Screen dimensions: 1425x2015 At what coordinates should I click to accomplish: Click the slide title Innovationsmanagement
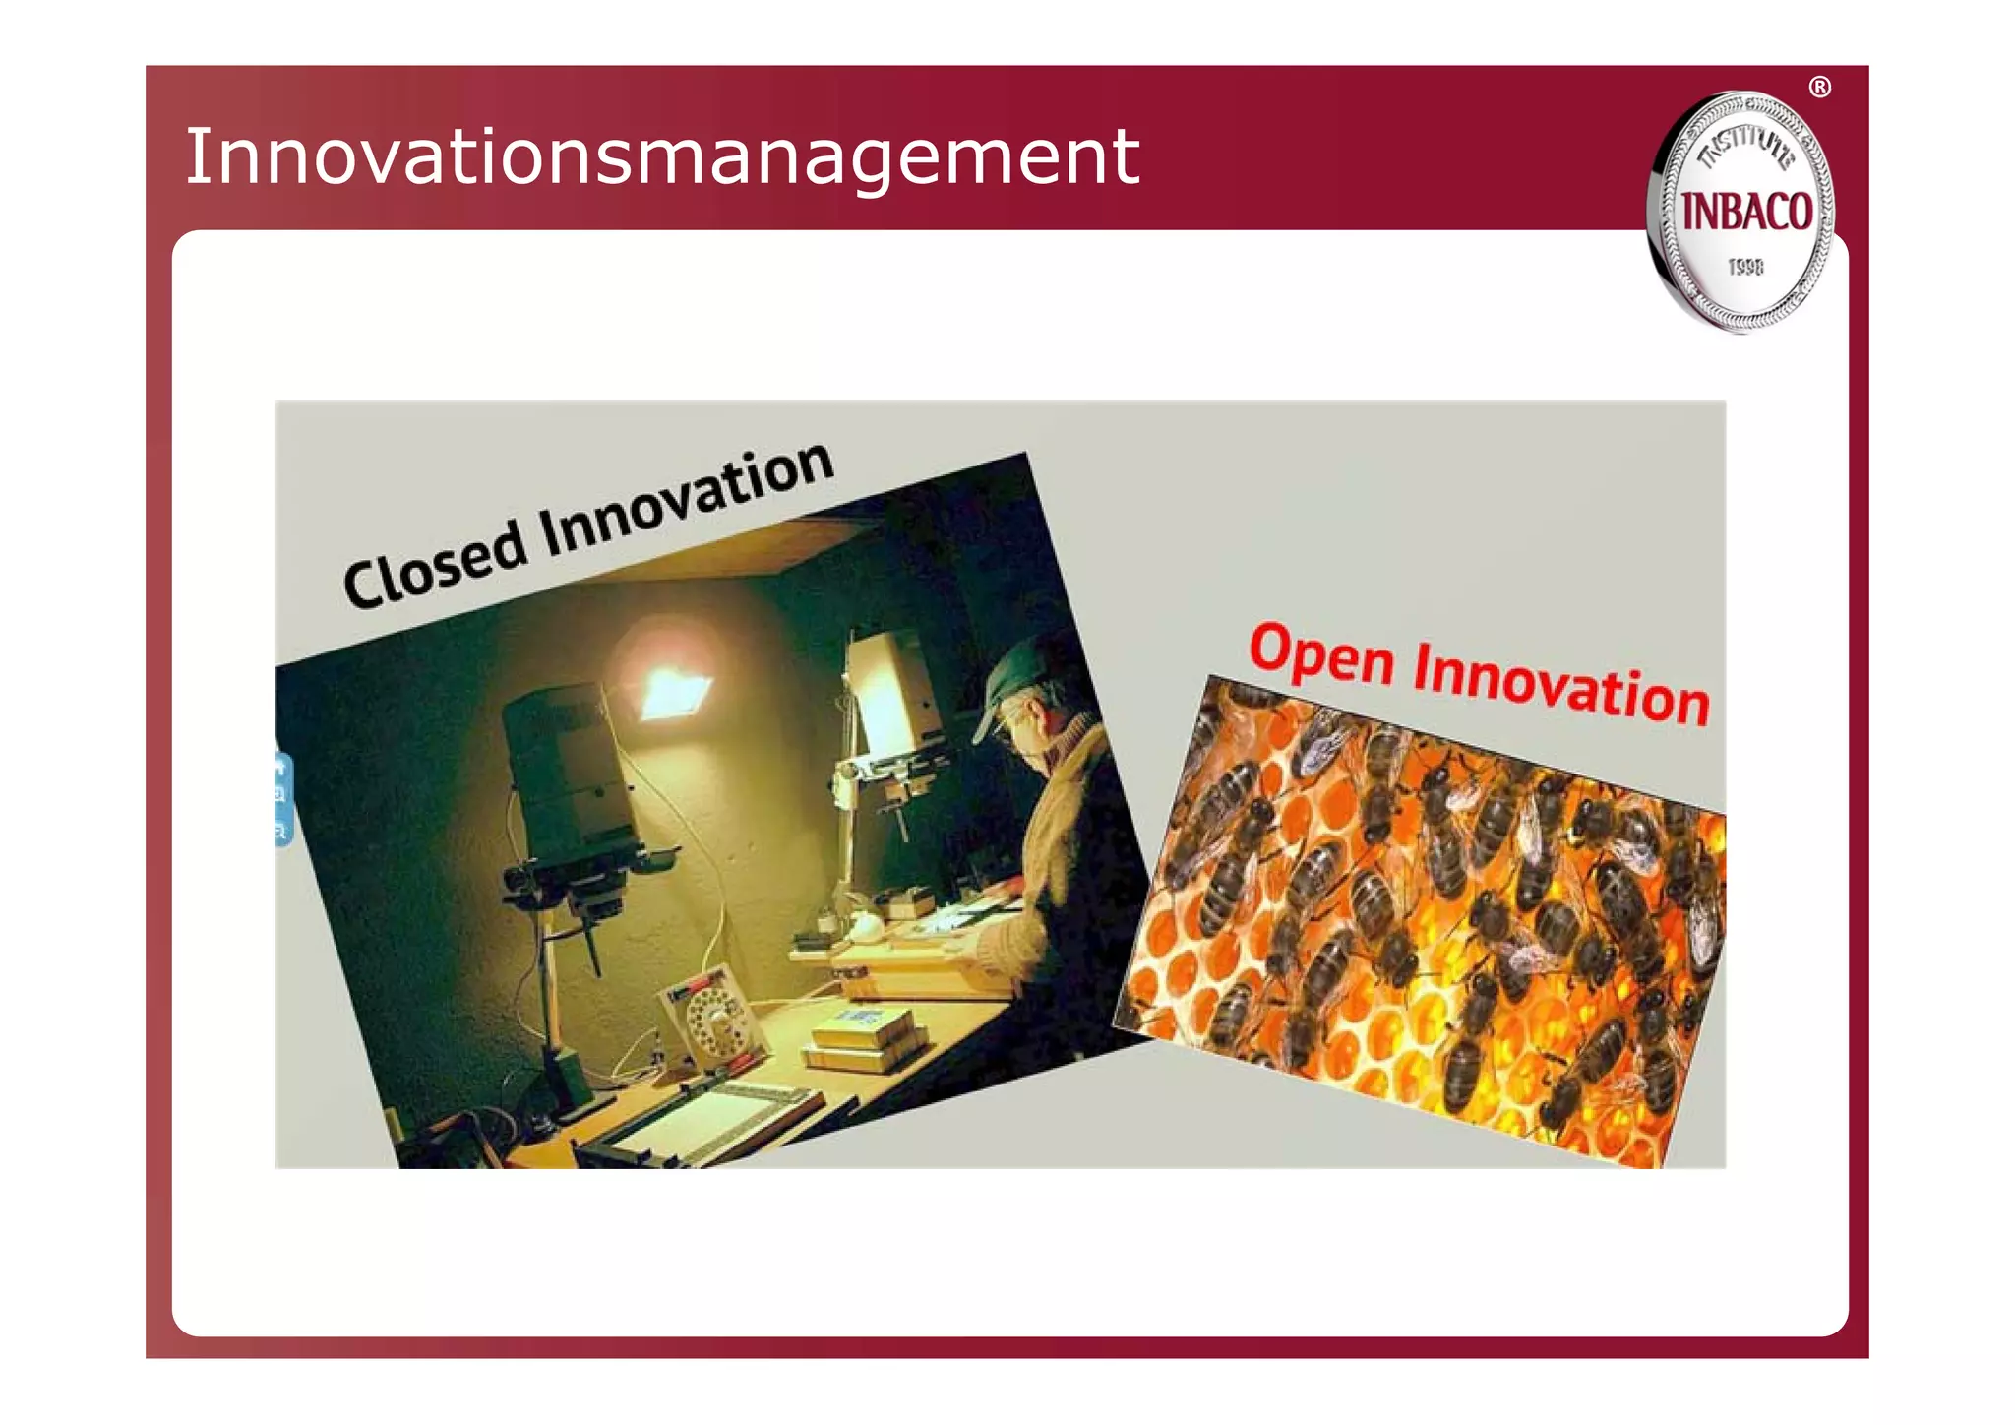pyautogui.click(x=661, y=157)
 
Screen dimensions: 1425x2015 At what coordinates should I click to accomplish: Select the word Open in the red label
pyautogui.click(x=1320, y=654)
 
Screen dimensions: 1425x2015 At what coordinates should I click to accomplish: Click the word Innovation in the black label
pyautogui.click(x=686, y=501)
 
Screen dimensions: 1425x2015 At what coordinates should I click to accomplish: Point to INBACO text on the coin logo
pyautogui.click(x=1746, y=213)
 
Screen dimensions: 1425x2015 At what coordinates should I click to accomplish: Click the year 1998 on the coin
pyautogui.click(x=1746, y=267)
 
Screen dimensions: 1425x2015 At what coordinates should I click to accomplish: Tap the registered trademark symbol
pyautogui.click(x=1820, y=88)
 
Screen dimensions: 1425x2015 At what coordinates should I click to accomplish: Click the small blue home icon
pyautogui.click(x=280, y=767)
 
